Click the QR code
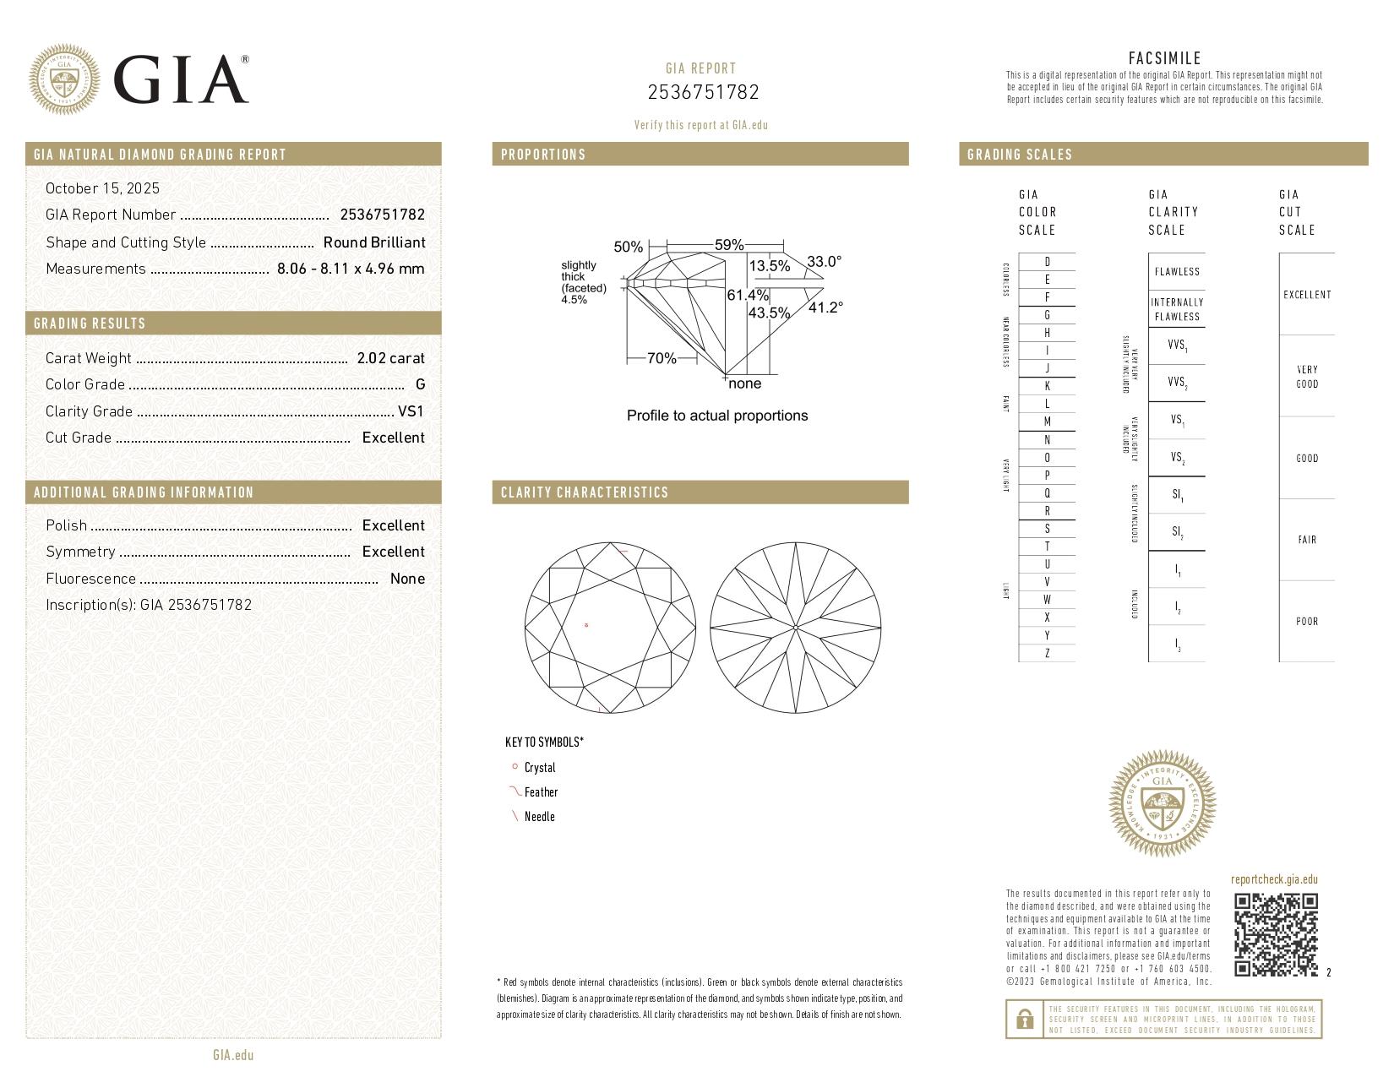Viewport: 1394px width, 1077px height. click(x=1276, y=934)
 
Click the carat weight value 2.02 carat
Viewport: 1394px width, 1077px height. click(x=390, y=358)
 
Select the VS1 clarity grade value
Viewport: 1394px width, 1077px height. click(x=411, y=411)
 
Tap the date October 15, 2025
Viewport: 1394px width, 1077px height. click(x=102, y=188)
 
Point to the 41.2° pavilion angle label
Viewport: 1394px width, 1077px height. click(x=825, y=307)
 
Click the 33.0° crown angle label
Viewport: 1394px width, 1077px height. click(x=824, y=262)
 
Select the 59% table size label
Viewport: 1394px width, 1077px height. click(x=728, y=245)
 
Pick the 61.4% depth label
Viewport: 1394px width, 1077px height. click(x=748, y=295)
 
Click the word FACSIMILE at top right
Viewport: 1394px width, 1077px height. click(x=1164, y=58)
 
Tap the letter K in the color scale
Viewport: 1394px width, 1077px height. click(x=1047, y=386)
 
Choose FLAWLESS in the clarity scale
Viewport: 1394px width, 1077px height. click(x=1176, y=272)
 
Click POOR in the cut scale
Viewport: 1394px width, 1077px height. click(x=1306, y=622)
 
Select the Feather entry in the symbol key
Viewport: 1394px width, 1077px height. click(x=541, y=792)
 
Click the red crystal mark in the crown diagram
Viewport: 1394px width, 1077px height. click(x=586, y=625)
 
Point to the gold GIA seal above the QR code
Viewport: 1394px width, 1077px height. click(x=1162, y=803)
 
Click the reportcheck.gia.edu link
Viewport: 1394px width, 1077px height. click(x=1273, y=879)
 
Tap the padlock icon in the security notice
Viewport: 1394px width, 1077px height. click(x=1024, y=1020)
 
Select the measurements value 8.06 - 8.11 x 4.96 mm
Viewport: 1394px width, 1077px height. click(x=350, y=269)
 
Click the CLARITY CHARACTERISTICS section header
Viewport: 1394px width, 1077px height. click(x=584, y=492)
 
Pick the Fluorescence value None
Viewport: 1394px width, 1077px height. click(x=407, y=579)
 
